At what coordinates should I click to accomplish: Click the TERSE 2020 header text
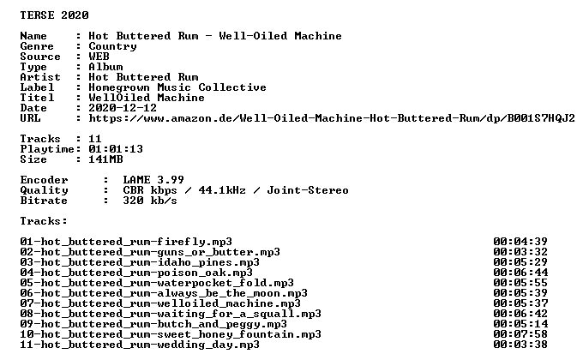[54, 15]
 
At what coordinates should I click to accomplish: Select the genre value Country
[112, 46]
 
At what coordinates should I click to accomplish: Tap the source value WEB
[99, 57]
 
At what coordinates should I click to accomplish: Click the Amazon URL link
[332, 118]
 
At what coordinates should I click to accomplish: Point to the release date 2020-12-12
[123, 108]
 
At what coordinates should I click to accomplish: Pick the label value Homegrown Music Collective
[177, 87]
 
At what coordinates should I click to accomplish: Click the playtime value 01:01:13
[116, 149]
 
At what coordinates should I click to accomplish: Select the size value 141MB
[105, 159]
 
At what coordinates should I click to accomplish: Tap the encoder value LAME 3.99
[153, 180]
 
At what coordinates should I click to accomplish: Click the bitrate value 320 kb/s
[150, 201]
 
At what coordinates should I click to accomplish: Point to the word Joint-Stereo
[308, 190]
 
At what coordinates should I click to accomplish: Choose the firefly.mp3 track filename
[126, 242]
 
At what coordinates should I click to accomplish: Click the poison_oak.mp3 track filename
[136, 273]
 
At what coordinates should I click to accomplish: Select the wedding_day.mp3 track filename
[140, 345]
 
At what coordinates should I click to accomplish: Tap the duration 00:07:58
[520, 334]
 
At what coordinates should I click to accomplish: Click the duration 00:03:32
[520, 252]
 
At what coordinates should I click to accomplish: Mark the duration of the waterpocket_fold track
[520, 283]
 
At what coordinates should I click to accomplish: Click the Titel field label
[37, 98]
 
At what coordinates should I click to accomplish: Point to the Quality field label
[45, 190]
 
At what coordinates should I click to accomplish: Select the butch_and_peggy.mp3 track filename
[153, 324]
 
